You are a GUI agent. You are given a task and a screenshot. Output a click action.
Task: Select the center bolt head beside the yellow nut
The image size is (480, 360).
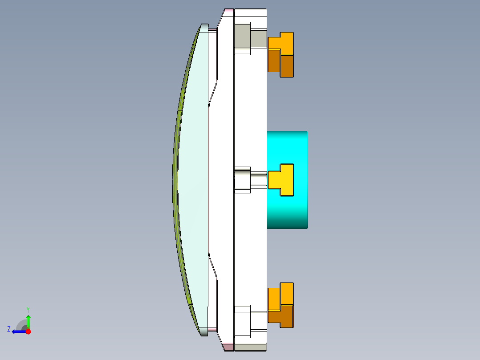point(242,180)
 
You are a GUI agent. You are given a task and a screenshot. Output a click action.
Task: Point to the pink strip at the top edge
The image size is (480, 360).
point(228,10)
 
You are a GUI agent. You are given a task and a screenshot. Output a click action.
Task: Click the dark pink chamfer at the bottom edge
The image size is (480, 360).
point(228,347)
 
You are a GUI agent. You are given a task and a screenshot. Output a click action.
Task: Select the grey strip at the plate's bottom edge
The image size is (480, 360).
point(250,347)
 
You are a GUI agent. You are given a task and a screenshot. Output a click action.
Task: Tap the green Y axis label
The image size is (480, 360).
point(28,309)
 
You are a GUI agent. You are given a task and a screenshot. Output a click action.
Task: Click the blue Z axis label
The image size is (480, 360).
point(9,329)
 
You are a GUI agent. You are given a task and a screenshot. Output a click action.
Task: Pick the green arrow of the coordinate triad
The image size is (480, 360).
point(28,322)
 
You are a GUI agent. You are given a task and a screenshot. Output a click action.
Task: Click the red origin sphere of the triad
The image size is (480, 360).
point(28,331)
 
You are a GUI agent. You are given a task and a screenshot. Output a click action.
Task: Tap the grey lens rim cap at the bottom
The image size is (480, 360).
point(204,331)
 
